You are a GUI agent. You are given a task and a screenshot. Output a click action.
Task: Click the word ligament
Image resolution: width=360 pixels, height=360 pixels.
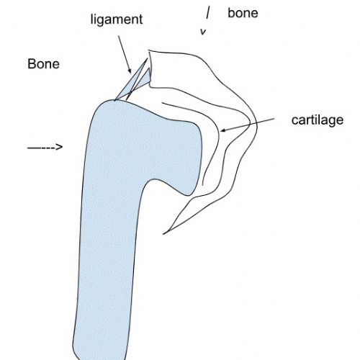(x=117, y=19)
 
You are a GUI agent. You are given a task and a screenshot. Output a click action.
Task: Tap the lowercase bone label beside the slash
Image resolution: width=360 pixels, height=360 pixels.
(x=243, y=13)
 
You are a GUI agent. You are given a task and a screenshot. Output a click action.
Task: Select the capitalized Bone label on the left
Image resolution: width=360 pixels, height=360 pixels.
(x=43, y=64)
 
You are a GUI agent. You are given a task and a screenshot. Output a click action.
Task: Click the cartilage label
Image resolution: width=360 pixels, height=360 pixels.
(x=318, y=120)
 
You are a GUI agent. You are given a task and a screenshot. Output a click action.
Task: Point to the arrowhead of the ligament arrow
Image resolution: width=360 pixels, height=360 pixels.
(x=130, y=71)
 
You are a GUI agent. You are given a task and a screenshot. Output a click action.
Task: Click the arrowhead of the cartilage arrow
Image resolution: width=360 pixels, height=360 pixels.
(x=222, y=130)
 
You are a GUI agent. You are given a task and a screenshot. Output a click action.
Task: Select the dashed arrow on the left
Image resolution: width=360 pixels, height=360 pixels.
(x=45, y=147)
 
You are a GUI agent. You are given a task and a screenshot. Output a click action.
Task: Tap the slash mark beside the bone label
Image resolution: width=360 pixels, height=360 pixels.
(x=208, y=13)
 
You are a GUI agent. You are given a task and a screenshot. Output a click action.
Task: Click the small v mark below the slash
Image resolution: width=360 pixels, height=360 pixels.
(x=203, y=32)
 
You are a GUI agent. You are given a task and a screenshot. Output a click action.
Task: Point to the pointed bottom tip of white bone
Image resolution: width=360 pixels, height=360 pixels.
(x=163, y=233)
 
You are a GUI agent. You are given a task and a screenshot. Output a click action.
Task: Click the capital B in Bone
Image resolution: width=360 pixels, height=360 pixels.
(x=32, y=64)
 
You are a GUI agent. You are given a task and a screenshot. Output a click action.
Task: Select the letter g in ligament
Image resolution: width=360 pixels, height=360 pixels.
(x=102, y=21)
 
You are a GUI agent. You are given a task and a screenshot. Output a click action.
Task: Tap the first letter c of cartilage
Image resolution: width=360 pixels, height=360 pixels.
(x=294, y=121)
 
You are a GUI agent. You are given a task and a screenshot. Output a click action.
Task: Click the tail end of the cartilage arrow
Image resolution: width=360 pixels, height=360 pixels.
(x=274, y=118)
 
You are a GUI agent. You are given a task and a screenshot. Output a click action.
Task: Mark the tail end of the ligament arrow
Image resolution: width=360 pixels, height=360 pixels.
(x=118, y=36)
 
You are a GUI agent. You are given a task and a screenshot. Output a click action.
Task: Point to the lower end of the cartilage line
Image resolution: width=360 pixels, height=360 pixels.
(x=203, y=185)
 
